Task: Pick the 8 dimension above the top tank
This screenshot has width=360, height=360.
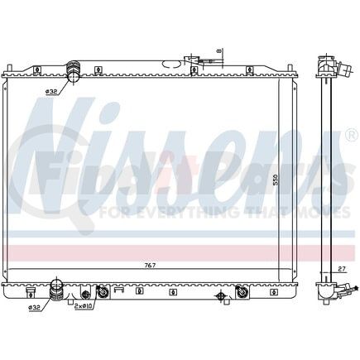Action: pos(218,50)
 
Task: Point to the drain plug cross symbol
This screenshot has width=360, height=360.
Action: pos(220,295)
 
